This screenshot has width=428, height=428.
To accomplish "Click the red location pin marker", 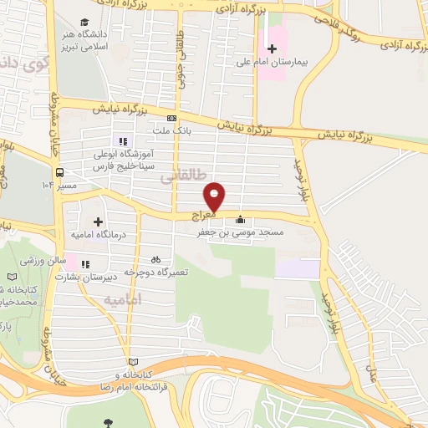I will pos(215,196).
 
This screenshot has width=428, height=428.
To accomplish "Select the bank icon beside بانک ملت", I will pos(171,118).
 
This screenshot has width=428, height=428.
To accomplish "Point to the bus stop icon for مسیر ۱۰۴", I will pos(59,173).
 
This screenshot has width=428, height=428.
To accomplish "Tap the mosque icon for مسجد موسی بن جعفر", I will pos(241,220).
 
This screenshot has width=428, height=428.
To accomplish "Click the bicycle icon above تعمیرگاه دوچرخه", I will pos(155,259).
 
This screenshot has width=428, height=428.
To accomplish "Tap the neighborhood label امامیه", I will pos(125,298).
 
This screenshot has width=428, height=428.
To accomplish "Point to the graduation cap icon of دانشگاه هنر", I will pos(84,22).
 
